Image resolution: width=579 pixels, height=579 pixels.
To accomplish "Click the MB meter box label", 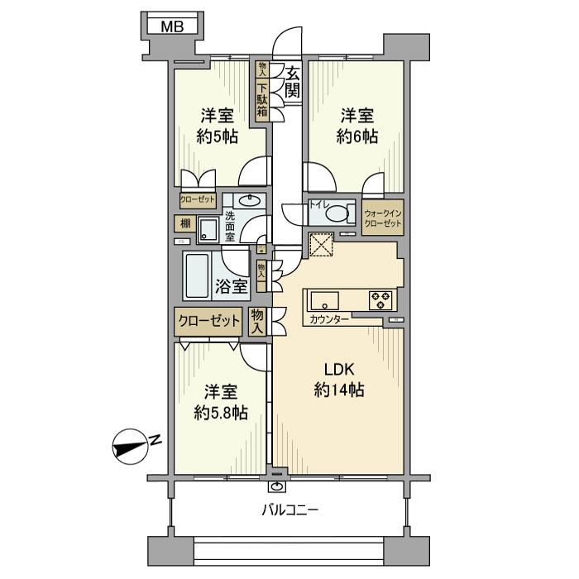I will coord(172,26).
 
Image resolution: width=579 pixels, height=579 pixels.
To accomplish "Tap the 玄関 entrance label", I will coord(291,84).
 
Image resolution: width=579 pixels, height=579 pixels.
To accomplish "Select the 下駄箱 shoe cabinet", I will coord(262,100).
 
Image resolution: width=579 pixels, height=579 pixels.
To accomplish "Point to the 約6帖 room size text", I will coord(358,136).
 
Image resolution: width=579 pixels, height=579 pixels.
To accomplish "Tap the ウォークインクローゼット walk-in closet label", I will coord(382,218).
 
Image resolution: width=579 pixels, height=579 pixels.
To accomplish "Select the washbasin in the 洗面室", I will coord(246,200).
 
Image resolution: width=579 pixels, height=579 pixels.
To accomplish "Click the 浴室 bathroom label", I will coord(232,287).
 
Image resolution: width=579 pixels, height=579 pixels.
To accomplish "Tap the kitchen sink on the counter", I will coord(323,299).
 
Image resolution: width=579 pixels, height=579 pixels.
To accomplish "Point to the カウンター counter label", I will coord(329,318).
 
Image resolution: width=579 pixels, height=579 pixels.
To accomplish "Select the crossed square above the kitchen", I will coord(319,245).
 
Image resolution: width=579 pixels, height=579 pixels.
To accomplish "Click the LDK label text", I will coord(339,371).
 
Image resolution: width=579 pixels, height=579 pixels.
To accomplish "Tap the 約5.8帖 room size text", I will coord(220,411).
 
